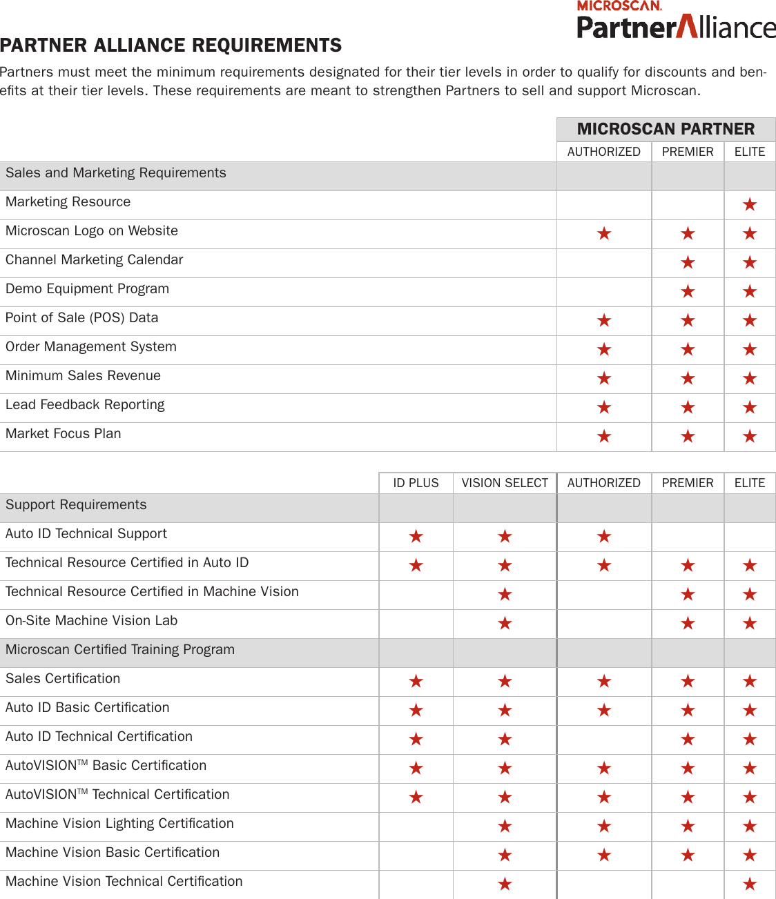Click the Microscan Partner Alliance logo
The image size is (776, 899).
coord(676,20)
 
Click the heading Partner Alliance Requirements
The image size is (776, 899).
coord(171,46)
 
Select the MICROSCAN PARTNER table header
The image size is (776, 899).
coord(666,129)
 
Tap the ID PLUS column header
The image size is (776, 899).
coord(416,483)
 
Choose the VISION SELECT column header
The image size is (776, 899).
coord(505,483)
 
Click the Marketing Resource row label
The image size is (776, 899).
coord(68,202)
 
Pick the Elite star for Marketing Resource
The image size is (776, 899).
coord(750,205)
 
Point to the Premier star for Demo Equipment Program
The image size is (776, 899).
coord(688,292)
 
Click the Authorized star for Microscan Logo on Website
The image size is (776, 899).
coord(604,234)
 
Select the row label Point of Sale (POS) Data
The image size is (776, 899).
coord(81,318)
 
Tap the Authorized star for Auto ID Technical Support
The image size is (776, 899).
coord(604,537)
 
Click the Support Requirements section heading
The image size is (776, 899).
coord(76,505)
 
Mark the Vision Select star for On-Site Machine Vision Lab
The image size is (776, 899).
coord(505,624)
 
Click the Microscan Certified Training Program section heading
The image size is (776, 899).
coord(120,650)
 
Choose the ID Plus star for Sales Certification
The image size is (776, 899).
coord(416,682)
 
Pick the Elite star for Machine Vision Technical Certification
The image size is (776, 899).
coord(750,885)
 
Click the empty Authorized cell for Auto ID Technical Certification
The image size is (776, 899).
coord(604,740)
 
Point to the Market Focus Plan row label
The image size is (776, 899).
coord(63,434)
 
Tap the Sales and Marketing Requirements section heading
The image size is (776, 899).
coord(115,173)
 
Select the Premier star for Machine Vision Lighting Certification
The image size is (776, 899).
coord(688,827)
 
